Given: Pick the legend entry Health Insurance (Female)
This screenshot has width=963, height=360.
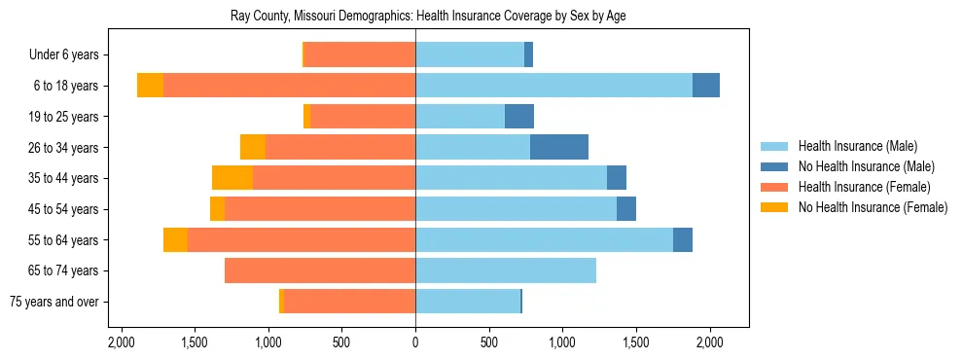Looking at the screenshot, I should [864, 187].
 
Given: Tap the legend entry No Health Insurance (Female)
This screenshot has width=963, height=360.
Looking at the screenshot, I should [873, 207].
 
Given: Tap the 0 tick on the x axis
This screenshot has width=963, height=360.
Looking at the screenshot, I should [415, 342].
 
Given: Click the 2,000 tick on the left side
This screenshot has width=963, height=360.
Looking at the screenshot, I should [121, 342].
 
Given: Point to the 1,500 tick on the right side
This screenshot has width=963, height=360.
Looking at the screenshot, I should [636, 342].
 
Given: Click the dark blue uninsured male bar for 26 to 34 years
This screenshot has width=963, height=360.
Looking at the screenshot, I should [559, 147].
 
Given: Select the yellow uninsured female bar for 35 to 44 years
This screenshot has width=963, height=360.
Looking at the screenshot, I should [232, 178].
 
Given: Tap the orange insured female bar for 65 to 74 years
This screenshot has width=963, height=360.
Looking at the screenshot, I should [320, 270].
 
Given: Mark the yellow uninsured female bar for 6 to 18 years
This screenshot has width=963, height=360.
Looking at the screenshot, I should [150, 86].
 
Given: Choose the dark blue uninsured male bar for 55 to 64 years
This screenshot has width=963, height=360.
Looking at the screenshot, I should [683, 239].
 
